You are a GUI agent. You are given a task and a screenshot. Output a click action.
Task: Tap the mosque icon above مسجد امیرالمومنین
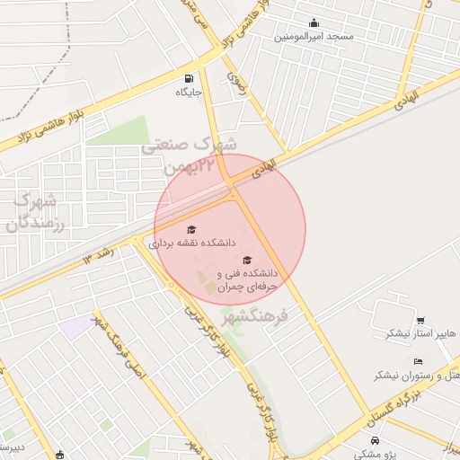click(x=314, y=23)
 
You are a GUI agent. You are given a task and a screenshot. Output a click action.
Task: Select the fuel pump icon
click(x=189, y=78)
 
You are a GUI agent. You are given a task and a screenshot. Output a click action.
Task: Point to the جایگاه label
click(x=189, y=92)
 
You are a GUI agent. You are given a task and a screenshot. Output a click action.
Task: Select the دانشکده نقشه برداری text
click(x=191, y=243)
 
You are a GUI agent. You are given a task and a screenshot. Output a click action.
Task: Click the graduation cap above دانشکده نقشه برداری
click(x=190, y=229)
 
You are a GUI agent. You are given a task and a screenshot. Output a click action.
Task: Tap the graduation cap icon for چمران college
click(x=247, y=260)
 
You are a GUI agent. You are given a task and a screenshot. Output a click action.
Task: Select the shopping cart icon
click(x=420, y=320)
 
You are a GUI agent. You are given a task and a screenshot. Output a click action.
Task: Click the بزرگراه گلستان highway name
click(x=396, y=407)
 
